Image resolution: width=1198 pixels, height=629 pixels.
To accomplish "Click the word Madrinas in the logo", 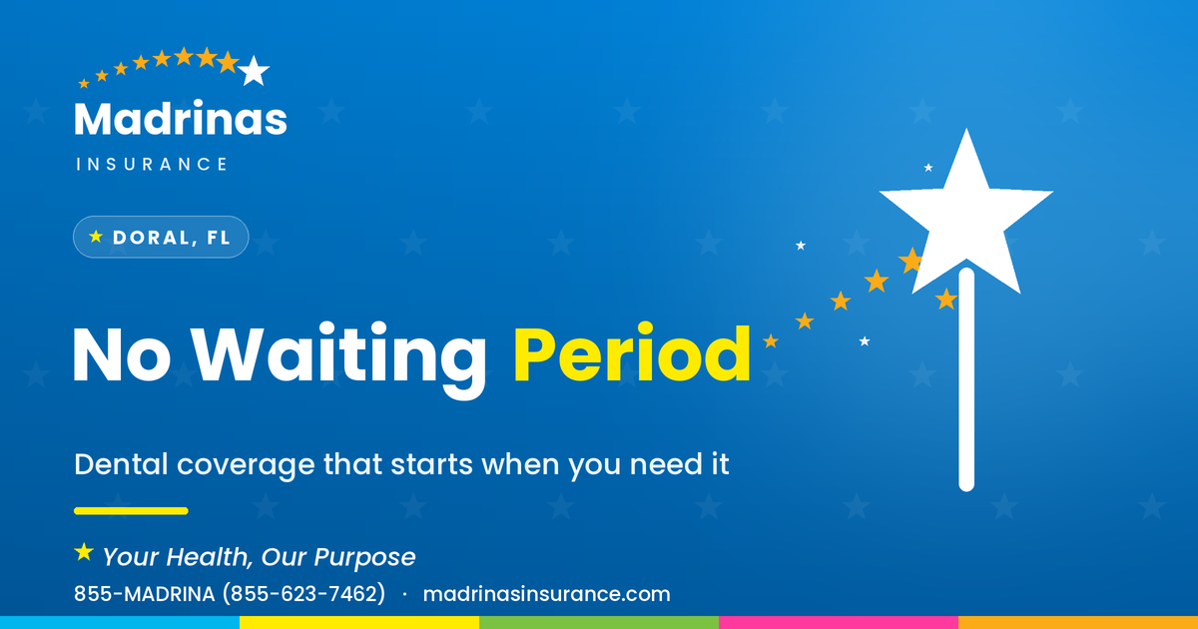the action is click(181, 118).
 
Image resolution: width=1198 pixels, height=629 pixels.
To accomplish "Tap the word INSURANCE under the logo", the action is click(152, 164).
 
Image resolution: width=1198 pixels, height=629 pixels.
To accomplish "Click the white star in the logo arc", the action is click(254, 71).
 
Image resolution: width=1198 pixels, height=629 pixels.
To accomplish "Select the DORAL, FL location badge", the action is click(161, 237).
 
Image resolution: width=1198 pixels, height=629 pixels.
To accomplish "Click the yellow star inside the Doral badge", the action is click(96, 237).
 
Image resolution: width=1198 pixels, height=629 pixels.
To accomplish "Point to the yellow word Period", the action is click(632, 353).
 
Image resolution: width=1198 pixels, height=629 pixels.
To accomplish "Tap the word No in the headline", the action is click(122, 353).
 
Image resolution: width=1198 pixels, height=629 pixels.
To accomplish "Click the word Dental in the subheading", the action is click(121, 463).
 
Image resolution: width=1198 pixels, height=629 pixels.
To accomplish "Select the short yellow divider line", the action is click(131, 511).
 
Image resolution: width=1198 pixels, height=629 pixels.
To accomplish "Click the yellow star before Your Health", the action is click(84, 552).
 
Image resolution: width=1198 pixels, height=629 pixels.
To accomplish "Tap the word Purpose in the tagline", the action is click(364, 557).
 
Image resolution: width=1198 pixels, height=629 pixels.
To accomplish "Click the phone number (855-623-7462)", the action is click(303, 594).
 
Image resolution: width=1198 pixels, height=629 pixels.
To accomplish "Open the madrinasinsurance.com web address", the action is click(547, 594).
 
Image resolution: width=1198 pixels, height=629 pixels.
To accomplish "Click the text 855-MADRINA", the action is click(145, 594).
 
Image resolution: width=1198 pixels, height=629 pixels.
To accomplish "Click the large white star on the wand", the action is click(966, 214).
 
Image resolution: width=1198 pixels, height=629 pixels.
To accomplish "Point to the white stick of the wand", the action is click(966, 379).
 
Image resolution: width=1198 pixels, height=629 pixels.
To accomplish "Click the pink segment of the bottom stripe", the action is click(839, 623).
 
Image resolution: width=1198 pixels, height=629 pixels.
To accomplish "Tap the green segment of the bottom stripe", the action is click(599, 623).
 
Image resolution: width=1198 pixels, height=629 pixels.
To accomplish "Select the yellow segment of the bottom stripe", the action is click(359, 623).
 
